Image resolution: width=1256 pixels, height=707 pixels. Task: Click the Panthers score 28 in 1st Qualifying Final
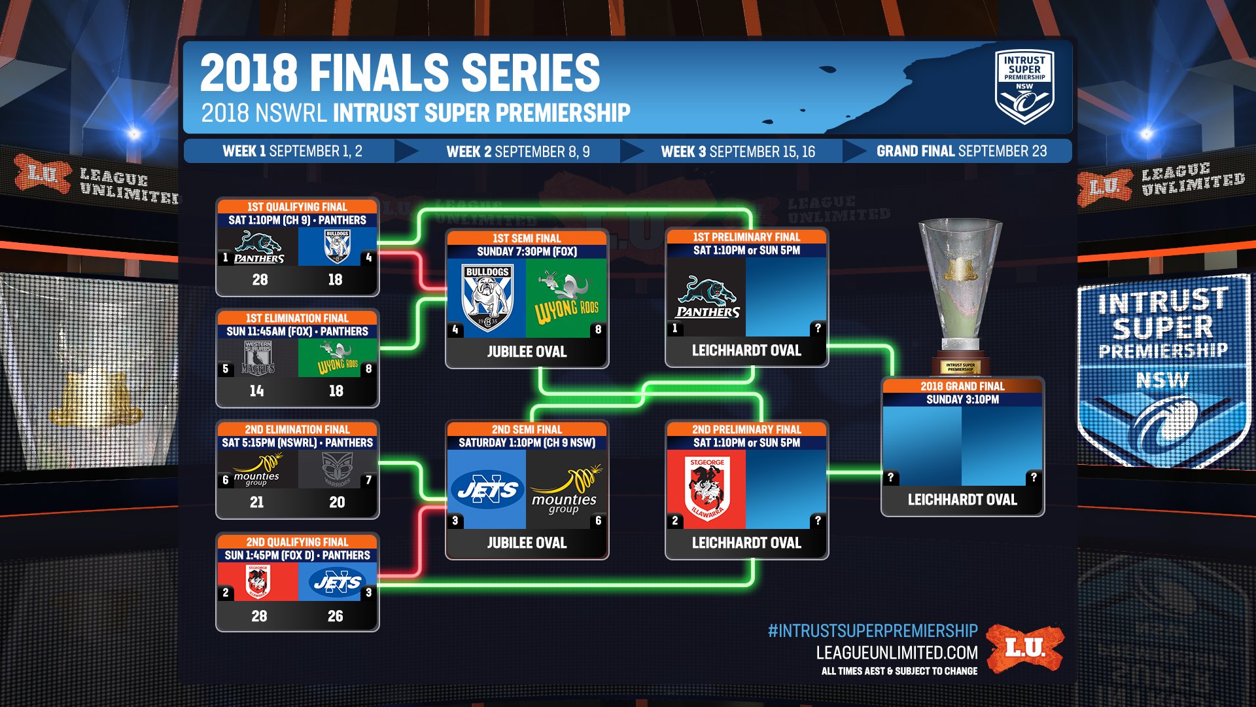click(x=260, y=280)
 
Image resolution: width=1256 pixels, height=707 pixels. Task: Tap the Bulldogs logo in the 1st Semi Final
click(x=487, y=297)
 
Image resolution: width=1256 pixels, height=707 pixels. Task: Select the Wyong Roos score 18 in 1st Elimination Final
click(x=336, y=391)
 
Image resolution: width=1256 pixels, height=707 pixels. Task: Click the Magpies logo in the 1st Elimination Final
click(x=258, y=357)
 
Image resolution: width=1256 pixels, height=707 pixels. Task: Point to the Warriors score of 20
click(x=337, y=502)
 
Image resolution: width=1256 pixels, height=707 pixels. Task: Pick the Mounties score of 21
click(x=256, y=502)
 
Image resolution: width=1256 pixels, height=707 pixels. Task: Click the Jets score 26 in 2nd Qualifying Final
click(x=335, y=616)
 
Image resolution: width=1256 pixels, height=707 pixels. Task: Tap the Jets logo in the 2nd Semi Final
click(x=487, y=490)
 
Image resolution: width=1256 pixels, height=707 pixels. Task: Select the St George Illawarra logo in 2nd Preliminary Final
click(x=706, y=488)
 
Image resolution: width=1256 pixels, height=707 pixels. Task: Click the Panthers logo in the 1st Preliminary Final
click(x=707, y=298)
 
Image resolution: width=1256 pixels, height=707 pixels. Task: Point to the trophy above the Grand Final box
click(x=960, y=288)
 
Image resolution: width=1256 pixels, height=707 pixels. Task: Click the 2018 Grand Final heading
click(x=962, y=386)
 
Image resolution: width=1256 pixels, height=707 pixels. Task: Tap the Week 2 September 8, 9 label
click(x=517, y=151)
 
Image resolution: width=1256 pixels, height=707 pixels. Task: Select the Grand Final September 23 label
click(x=961, y=151)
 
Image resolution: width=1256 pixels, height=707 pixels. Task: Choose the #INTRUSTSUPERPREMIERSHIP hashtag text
click(x=872, y=630)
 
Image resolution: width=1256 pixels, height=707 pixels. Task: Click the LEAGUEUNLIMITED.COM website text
click(x=896, y=652)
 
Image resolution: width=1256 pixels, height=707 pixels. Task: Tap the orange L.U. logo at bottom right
click(x=1025, y=648)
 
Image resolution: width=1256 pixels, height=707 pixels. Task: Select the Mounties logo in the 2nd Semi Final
click(x=564, y=490)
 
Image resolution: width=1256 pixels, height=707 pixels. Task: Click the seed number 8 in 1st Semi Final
click(x=598, y=329)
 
